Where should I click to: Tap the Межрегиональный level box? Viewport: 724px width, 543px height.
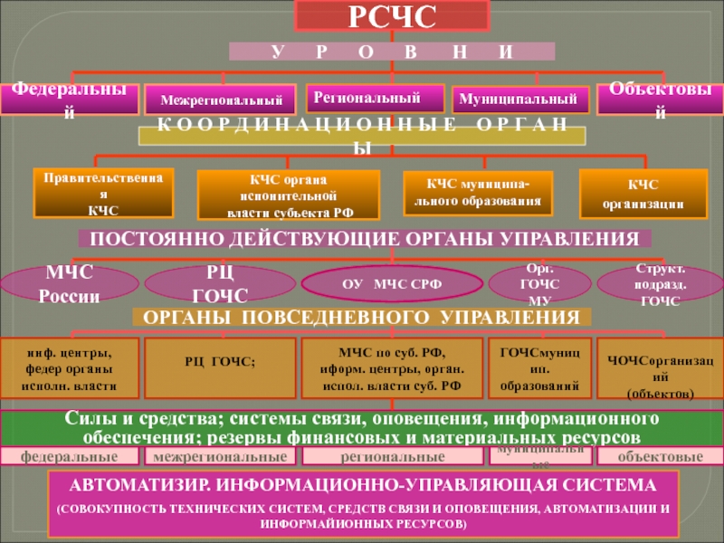221,99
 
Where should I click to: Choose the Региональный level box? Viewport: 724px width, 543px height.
376,98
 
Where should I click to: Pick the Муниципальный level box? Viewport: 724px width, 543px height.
520,99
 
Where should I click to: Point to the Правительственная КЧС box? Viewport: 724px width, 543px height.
102,194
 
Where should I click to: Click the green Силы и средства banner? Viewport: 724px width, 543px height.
362,428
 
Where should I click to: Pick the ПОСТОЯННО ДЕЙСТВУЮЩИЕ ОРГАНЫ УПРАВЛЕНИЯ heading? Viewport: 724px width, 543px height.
365,239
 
